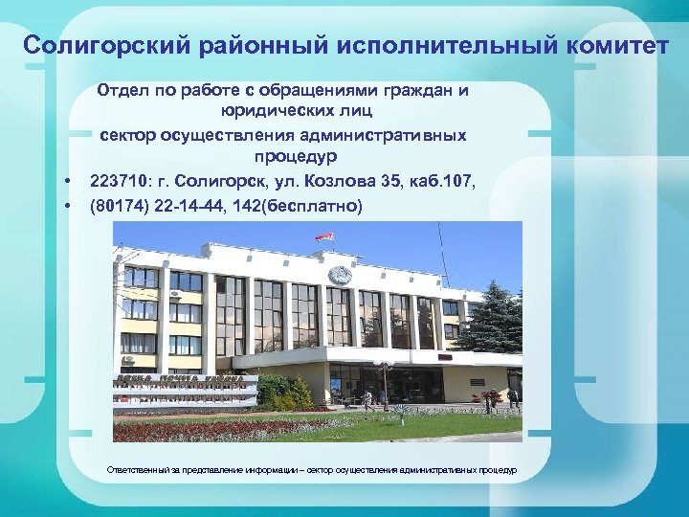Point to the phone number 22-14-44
(197, 205)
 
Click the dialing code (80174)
(122, 205)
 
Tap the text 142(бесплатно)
(306, 205)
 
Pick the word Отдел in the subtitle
(123, 91)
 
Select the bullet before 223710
(68, 181)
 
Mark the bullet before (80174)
(68, 206)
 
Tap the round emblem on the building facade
(339, 277)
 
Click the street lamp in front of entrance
(384, 378)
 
